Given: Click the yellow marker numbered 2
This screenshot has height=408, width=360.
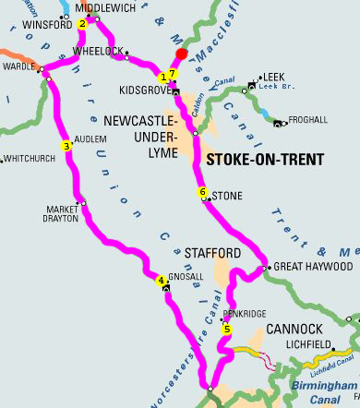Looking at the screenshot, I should pos(82,24).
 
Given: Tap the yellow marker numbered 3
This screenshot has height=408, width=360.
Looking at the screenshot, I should pos(66,145).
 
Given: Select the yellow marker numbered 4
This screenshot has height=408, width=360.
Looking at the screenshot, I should pos(162,281).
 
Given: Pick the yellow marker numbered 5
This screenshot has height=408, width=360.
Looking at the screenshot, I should pos(227,329).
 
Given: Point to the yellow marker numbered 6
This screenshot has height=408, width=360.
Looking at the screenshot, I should pos(203,192).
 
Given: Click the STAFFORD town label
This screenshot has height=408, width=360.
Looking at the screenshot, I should pos(212,252).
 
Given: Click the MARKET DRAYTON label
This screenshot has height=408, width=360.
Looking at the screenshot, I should pos(63,214).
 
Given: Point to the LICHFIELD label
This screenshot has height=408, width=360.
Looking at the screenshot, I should pos(309,345).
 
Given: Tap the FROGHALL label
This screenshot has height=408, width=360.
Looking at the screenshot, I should pos(307,119).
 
